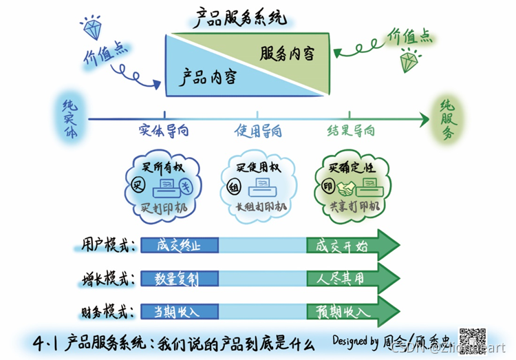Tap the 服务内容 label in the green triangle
[x=288, y=53]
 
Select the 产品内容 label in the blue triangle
[x=208, y=77]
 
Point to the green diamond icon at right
[x=412, y=62]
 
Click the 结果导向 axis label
[x=351, y=129]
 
